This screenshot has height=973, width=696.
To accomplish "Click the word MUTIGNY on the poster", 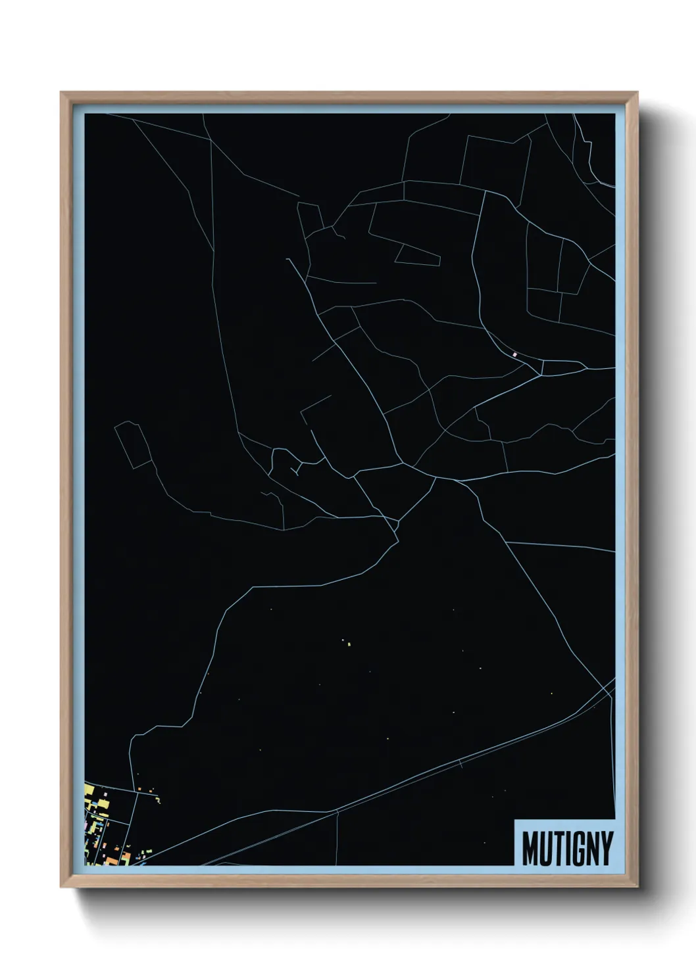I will tap(567, 848).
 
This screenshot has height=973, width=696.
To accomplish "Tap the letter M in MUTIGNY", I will tap(532, 848).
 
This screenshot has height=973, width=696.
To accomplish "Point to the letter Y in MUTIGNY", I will tap(606, 848).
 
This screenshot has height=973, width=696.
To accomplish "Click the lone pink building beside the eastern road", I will tap(515, 355).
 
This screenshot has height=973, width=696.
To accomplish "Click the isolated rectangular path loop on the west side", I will tap(134, 445).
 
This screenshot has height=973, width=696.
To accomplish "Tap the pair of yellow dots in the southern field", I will tap(346, 642).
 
